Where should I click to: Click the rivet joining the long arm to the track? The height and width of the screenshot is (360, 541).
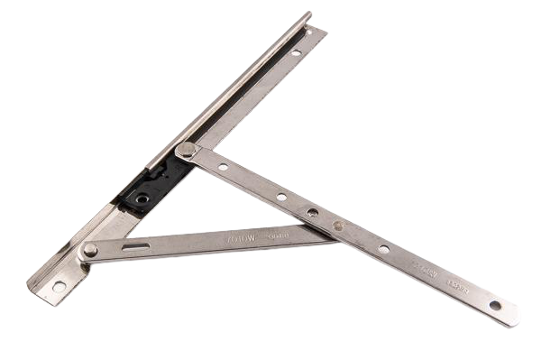click(x=186, y=150)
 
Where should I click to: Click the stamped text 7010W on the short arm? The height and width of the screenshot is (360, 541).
click(x=236, y=241)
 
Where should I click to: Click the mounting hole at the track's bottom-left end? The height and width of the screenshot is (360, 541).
click(x=59, y=286)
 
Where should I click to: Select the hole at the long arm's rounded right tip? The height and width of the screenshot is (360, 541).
click(x=494, y=306)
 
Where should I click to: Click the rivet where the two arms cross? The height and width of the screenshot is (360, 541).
click(x=337, y=227)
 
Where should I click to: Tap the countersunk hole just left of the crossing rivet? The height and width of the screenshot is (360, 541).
click(x=312, y=214)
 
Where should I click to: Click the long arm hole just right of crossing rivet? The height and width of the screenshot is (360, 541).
click(x=383, y=249)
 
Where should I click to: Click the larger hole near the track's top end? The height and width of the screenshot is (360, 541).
click(x=295, y=56)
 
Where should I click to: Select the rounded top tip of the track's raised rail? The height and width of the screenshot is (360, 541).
click(x=310, y=14)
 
